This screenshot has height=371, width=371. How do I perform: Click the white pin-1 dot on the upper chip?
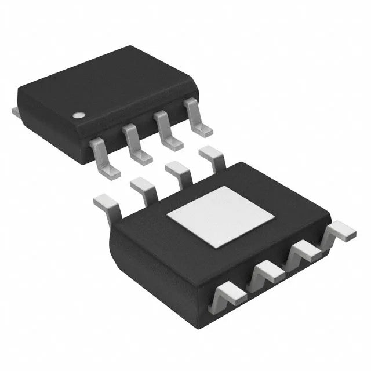coord(78,115)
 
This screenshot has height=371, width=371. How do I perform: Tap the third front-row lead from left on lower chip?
coord(304,252)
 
